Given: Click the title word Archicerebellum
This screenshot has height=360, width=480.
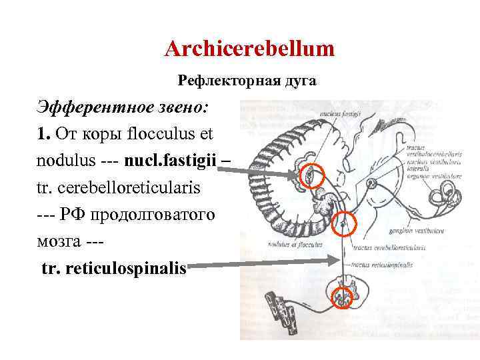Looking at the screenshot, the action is (249, 49).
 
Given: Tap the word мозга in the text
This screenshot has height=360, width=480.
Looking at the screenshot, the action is (59, 241).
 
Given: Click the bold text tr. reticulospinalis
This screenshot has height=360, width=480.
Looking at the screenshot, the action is (113, 269).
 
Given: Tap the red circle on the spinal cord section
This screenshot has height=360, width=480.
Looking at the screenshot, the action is (344, 295).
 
